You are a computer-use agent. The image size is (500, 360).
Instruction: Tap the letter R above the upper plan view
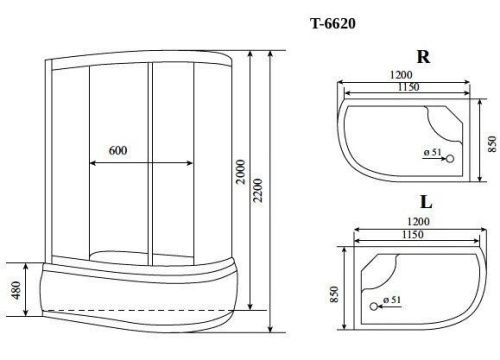(424, 57)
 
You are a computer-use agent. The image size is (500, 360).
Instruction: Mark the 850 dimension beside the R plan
(488, 143)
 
